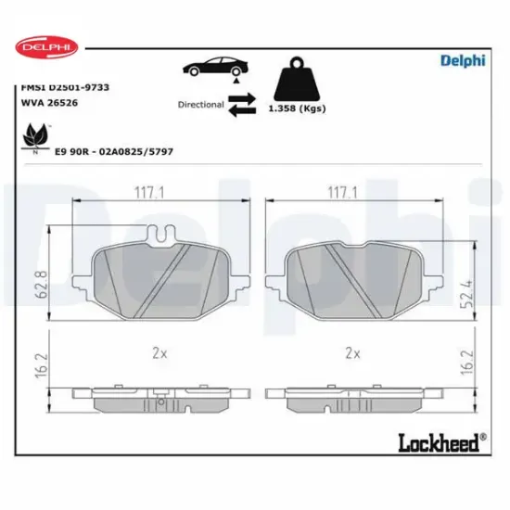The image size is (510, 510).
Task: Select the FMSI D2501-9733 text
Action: pos(65,87)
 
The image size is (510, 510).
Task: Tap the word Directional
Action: pos(200,105)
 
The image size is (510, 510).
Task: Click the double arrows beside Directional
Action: pos(241,104)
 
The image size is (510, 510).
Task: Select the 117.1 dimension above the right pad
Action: pos(342,192)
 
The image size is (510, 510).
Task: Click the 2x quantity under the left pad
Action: pos(159,353)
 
